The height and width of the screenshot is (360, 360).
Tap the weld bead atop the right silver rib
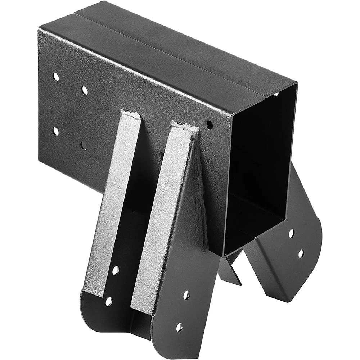click(185, 127)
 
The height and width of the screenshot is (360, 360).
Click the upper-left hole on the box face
click(55, 77)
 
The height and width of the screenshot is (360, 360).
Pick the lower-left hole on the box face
click(55, 131)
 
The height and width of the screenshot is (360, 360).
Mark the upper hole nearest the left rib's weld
click(85, 90)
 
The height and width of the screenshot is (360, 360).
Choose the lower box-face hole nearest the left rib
click(84, 145)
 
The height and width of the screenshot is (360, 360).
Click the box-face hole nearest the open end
click(209, 125)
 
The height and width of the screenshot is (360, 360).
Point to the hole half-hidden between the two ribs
click(161, 156)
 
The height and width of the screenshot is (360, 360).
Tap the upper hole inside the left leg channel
click(116, 270)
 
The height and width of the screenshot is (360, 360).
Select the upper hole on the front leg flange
click(186, 295)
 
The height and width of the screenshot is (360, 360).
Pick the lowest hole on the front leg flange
click(179, 327)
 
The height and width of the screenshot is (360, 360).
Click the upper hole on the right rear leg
click(291, 233)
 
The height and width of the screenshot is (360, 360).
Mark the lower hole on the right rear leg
click(301, 254)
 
